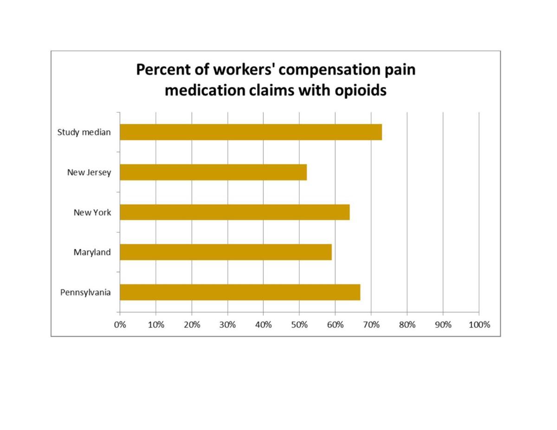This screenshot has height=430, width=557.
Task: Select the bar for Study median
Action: pyautogui.click(x=251, y=132)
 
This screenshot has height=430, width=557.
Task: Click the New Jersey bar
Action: pyautogui.click(x=213, y=172)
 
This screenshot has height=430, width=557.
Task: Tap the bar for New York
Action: pyautogui.click(x=234, y=212)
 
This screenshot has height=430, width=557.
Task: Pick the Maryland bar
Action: pyautogui.click(x=226, y=252)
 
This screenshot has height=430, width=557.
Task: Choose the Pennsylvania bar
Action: pyautogui.click(x=240, y=292)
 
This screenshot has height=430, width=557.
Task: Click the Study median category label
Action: pyautogui.click(x=84, y=132)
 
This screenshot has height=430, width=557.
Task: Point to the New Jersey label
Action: pyautogui.click(x=89, y=172)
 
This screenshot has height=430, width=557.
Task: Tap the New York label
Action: pyautogui.click(x=92, y=212)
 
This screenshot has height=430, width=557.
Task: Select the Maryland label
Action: pyautogui.click(x=92, y=252)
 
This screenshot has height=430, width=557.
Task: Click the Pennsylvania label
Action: pyautogui.click(x=85, y=292)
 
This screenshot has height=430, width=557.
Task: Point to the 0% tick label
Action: pyautogui.click(x=120, y=325)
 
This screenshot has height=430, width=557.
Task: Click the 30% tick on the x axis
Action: pyautogui.click(x=227, y=325)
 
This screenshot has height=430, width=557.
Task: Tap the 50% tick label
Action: pyautogui.click(x=299, y=325)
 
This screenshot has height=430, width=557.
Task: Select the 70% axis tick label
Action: pyautogui.click(x=371, y=325)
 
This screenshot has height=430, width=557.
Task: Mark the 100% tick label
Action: pyautogui.click(x=479, y=325)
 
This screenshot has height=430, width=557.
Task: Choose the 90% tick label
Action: pyautogui.click(x=443, y=325)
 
